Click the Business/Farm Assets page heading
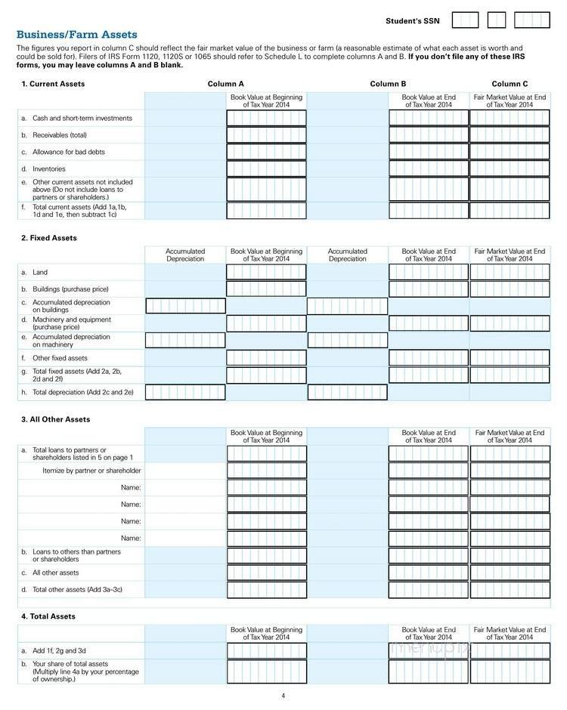tap(76, 35)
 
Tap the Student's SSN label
tap(412, 20)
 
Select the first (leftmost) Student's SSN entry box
tap(465, 20)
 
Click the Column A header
tap(226, 84)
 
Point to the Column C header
tap(510, 84)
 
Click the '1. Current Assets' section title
tap(53, 84)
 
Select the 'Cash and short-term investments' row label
tap(82, 118)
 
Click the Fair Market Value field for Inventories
tap(510, 168)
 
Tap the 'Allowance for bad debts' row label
tap(68, 152)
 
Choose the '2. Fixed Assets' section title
tap(49, 238)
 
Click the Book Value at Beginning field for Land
tap(266, 272)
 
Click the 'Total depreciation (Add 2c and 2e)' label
tap(82, 392)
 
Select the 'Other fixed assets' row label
tap(60, 358)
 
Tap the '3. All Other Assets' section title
tap(56, 419)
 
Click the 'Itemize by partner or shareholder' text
tap(91, 471)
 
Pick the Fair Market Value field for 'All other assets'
tap(510, 573)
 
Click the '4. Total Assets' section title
tap(48, 616)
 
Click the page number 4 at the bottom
tap(283, 696)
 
